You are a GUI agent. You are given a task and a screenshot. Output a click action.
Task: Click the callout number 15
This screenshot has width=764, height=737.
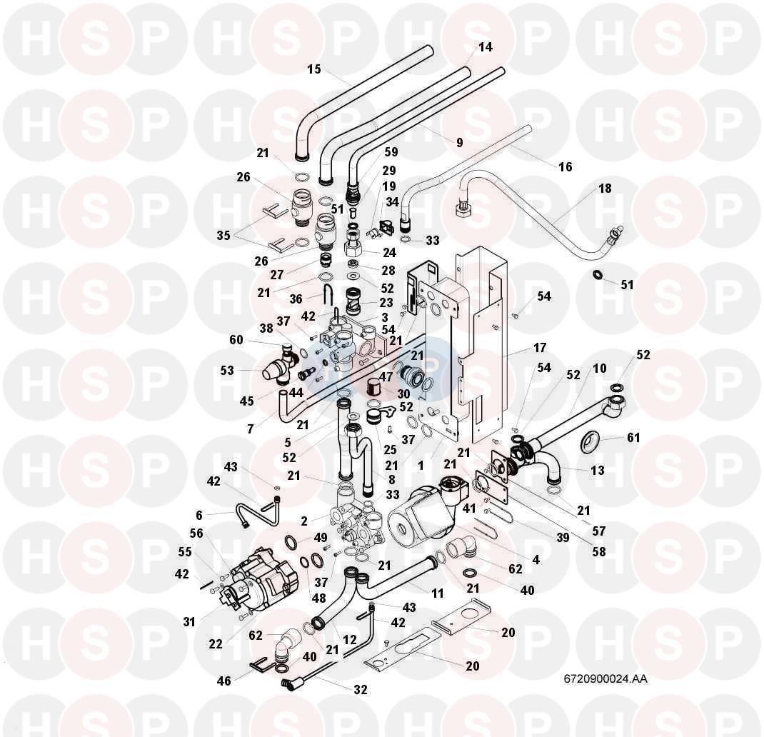[314, 69]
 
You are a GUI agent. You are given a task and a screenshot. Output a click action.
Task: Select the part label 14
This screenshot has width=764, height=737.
[486, 47]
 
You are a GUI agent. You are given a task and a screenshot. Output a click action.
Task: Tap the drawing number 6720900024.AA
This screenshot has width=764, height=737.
[605, 679]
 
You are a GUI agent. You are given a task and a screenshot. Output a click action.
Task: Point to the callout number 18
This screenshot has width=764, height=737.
[605, 189]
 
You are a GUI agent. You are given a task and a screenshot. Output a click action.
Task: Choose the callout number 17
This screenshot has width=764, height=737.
[540, 348]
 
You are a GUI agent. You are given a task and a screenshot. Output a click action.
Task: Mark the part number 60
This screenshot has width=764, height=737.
[236, 339]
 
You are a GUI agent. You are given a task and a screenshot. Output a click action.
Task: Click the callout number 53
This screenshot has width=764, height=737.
[227, 370]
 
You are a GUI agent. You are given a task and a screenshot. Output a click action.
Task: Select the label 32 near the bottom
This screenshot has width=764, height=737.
[361, 690]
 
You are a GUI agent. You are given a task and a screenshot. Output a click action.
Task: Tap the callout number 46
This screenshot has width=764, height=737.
[224, 681]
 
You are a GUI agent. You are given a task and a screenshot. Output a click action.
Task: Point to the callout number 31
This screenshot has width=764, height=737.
[189, 622]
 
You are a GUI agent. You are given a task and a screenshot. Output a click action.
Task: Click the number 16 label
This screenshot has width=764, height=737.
[565, 167]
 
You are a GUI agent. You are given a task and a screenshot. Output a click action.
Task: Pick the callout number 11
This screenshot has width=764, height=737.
[437, 593]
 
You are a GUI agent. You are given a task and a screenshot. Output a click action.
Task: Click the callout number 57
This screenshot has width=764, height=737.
[598, 531]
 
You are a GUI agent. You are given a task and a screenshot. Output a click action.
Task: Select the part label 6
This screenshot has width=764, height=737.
[199, 515]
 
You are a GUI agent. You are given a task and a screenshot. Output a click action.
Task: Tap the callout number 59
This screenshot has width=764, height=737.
[391, 152]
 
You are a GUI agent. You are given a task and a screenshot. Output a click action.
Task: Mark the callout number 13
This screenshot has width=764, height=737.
[598, 470]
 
